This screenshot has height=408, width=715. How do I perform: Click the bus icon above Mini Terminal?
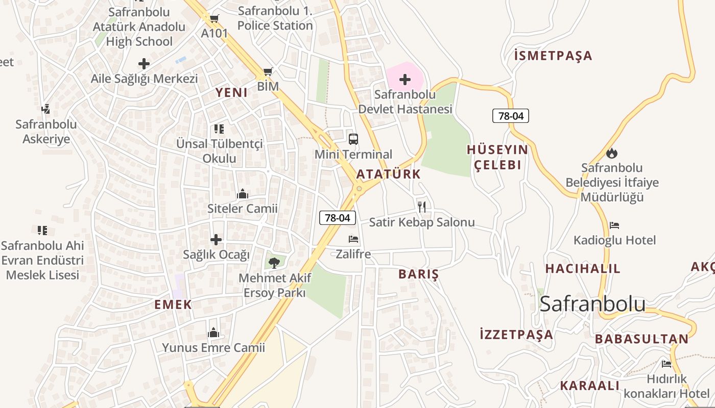[x=353, y=139]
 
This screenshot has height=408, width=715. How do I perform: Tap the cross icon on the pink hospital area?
[x=405, y=80]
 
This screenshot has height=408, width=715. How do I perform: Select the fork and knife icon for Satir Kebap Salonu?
[x=422, y=207]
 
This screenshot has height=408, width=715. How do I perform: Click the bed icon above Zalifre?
[x=353, y=239]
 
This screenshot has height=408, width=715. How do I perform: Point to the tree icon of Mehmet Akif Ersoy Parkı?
[x=274, y=263]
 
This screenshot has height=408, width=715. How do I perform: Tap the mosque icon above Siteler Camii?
[x=243, y=194]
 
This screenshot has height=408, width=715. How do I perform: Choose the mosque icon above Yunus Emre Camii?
[x=213, y=333]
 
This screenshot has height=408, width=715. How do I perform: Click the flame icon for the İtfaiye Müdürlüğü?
[x=611, y=152]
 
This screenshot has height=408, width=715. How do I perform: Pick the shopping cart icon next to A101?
[x=214, y=19]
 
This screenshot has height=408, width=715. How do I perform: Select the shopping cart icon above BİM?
[x=268, y=71]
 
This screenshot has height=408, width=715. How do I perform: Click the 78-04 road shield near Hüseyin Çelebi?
[x=511, y=116]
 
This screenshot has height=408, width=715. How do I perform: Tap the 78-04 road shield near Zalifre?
[x=338, y=218]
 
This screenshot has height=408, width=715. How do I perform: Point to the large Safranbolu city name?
[x=592, y=303]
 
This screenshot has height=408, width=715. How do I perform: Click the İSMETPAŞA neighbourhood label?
[x=553, y=56]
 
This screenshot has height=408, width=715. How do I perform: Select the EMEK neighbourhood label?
[x=173, y=304]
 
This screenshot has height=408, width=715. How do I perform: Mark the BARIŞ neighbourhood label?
[x=419, y=274]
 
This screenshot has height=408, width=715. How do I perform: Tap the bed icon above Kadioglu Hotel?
[x=614, y=225]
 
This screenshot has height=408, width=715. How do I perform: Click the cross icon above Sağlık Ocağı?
[x=216, y=239]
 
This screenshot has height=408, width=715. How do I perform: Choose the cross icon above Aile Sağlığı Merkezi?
[x=144, y=64]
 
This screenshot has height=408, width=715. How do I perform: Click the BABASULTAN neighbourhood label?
[x=641, y=339]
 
